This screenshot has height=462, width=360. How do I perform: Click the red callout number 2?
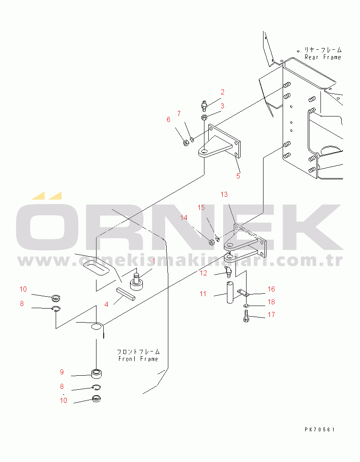pos(222,92)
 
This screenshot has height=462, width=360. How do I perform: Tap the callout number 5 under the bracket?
pos(238,176)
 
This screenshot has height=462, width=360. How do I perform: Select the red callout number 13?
pos(224,195)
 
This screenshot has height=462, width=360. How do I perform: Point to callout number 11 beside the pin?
pos(203,294)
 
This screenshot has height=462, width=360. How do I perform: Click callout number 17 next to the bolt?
pos(271,315)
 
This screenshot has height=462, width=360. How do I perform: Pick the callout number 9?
pos(62,372)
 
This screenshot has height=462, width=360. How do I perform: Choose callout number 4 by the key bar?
pos(106,304)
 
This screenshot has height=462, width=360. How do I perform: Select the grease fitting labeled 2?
pos(204,104)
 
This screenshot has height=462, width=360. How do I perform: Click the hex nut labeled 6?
pos(186,143)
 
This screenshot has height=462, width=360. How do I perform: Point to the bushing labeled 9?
pos(98,374)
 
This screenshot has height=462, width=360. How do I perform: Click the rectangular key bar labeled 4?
pos(126,294)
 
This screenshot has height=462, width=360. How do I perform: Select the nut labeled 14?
pos(211,242)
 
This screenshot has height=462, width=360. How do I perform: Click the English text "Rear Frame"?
pos(323,57)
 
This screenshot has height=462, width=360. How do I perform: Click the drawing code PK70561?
pos(320,430)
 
